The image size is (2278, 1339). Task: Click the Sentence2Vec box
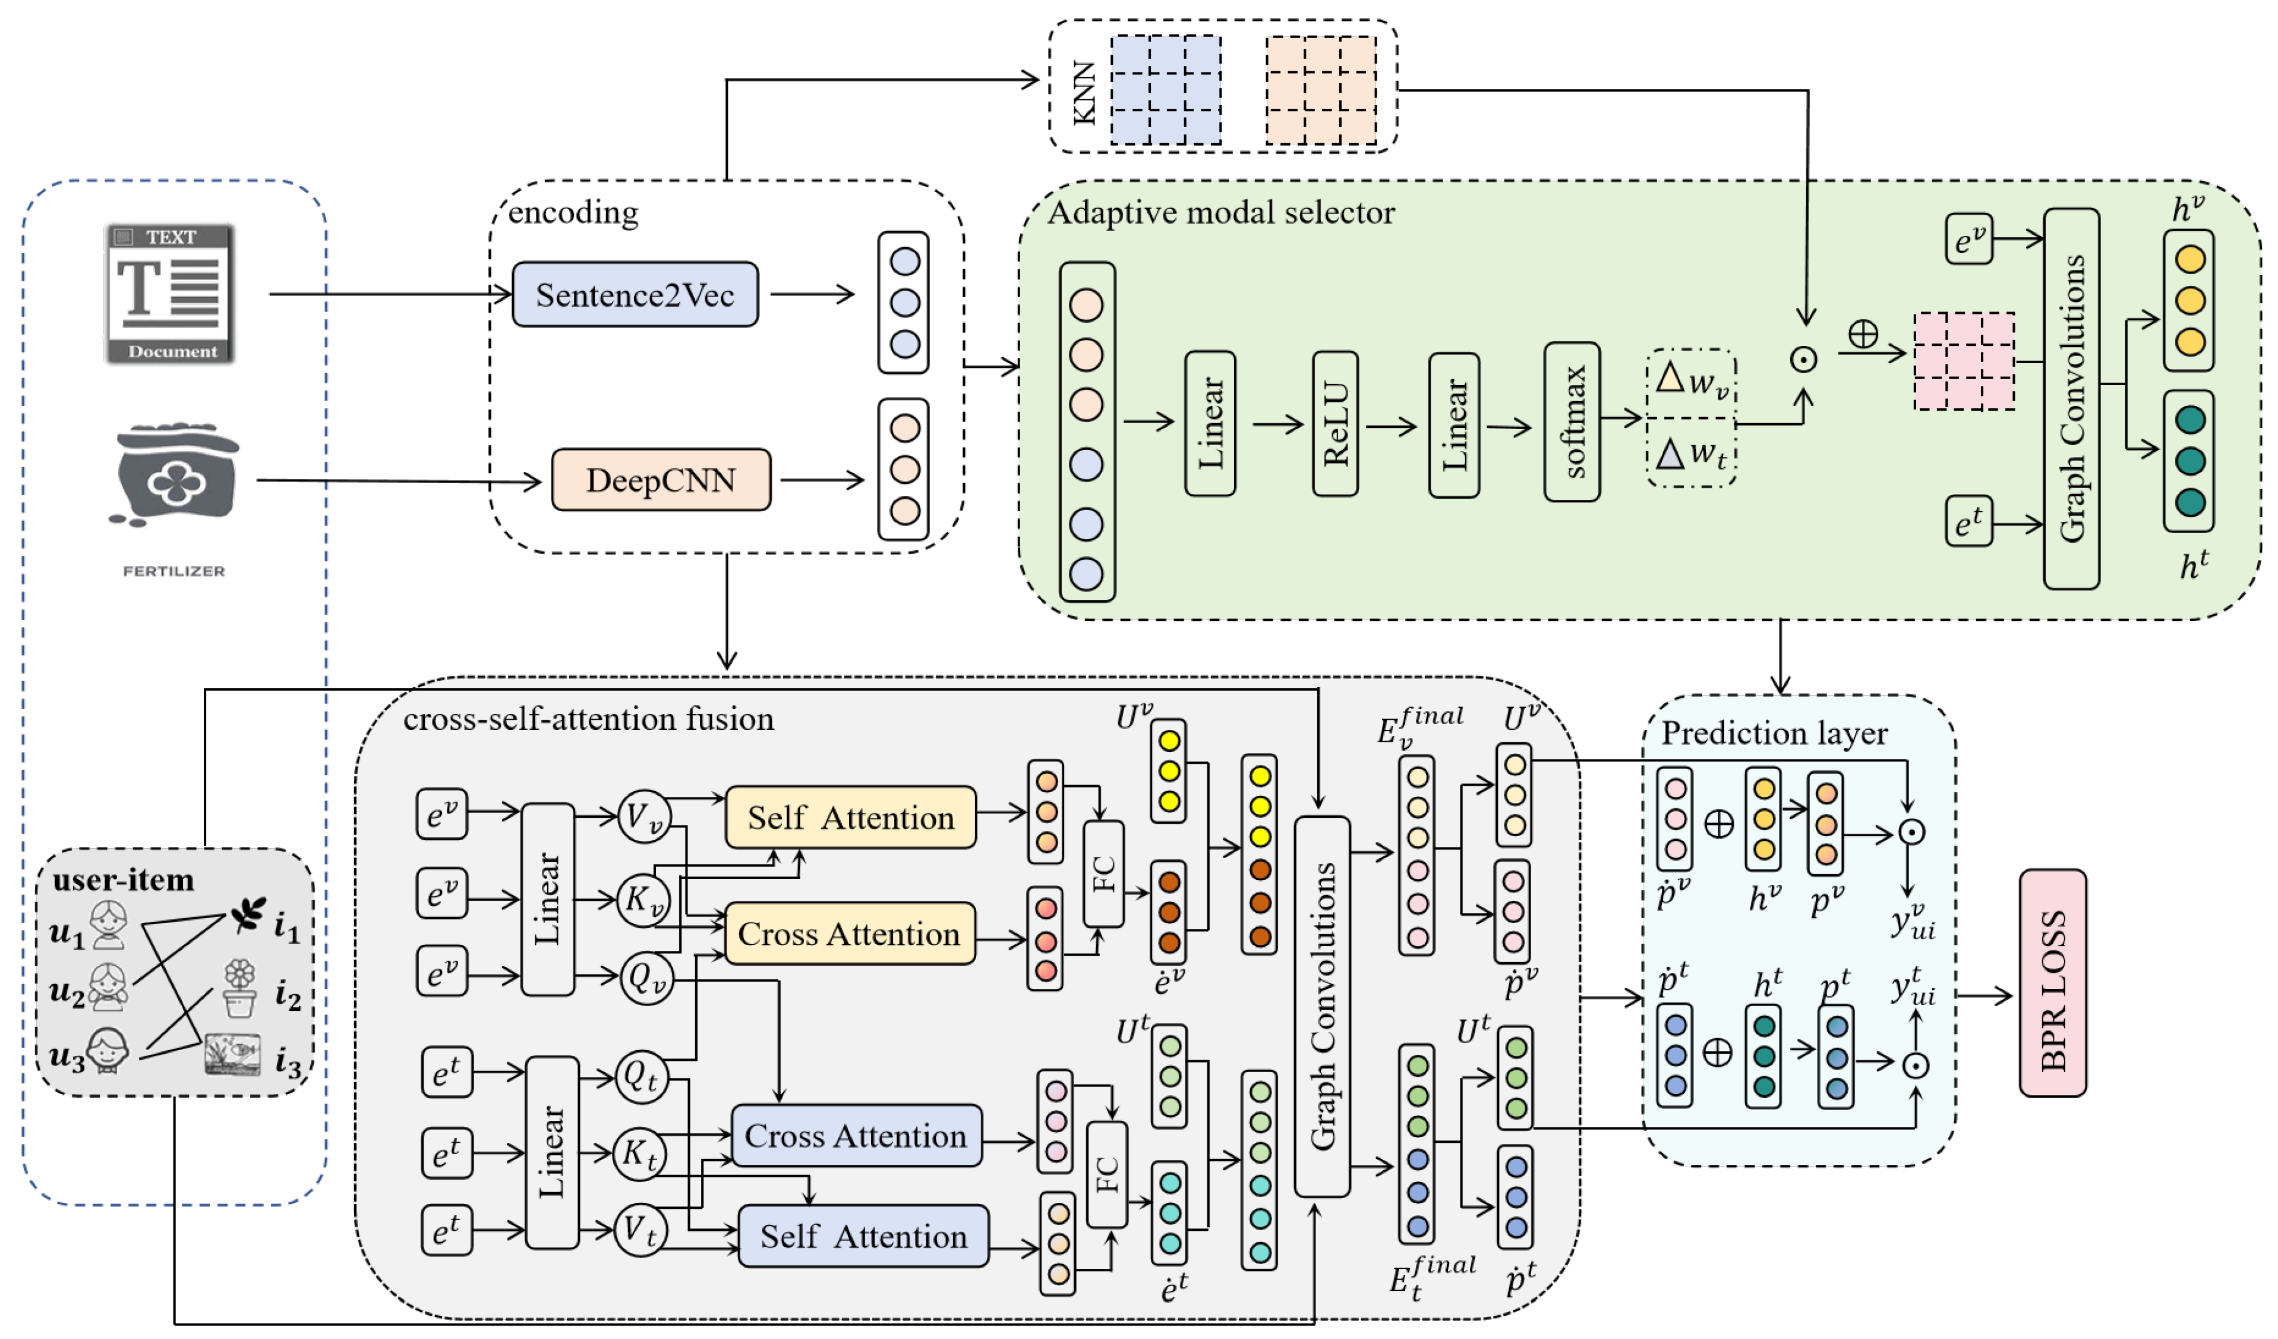[635, 295]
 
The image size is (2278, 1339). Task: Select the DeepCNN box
[661, 480]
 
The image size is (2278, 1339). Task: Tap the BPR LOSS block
[2052, 984]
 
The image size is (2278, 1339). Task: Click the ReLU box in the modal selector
[1335, 424]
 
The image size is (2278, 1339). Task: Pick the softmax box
[1572, 422]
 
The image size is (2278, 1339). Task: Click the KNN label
[1084, 93]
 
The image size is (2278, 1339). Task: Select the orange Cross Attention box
[850, 934]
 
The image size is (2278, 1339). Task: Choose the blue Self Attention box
[863, 1236]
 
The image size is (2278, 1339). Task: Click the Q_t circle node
[641, 1077]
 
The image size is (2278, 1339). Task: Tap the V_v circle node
[643, 817]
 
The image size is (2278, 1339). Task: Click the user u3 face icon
[108, 1051]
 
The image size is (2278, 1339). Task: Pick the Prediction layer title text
[1774, 733]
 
